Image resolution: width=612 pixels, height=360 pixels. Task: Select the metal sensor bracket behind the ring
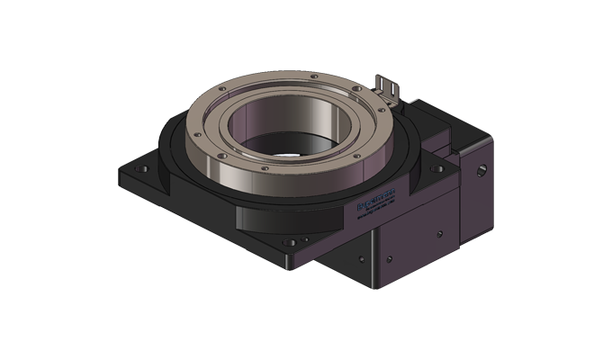389,87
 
